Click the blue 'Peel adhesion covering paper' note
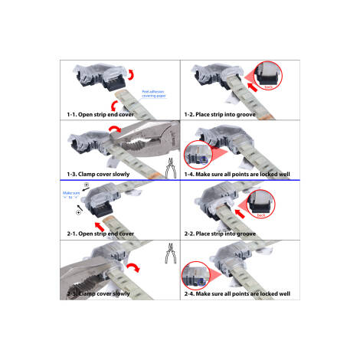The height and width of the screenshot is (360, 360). coord(156,94)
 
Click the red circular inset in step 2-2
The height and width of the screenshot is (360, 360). coord(263,204)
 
